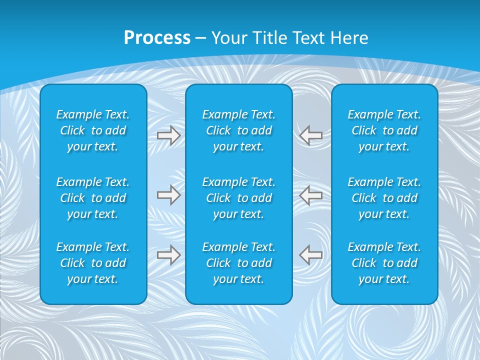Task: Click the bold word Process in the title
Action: (157, 38)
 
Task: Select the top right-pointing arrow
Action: (169, 135)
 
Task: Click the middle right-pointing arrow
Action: (169, 195)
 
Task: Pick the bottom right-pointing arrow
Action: (169, 254)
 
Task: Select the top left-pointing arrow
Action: (311, 135)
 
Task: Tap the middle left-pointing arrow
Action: (311, 195)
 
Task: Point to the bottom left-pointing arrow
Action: (311, 254)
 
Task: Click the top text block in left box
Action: (93, 130)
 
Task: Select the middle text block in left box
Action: (93, 198)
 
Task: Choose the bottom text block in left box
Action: (93, 263)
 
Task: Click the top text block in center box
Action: (239, 130)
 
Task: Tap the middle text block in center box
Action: (239, 198)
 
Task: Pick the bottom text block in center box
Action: (239, 263)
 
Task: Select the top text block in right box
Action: (384, 130)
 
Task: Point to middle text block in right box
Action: (384, 198)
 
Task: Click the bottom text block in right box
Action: (384, 263)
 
